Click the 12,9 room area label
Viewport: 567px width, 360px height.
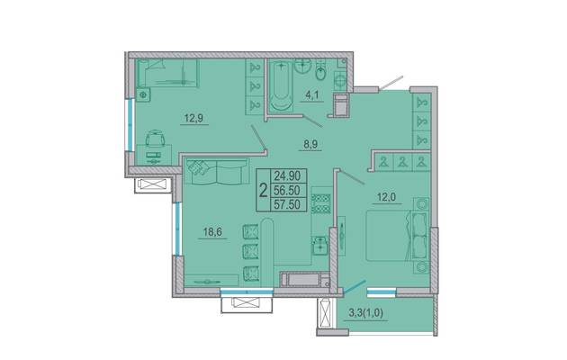[193, 118]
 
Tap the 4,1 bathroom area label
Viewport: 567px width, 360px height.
[312, 95]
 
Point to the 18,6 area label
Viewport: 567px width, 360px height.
[212, 231]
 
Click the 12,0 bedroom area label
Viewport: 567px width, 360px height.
[387, 197]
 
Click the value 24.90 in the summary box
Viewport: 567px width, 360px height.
[287, 176]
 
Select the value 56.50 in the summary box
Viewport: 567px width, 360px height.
[287, 190]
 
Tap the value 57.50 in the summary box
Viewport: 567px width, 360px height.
[287, 204]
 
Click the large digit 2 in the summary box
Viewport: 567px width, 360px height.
[264, 190]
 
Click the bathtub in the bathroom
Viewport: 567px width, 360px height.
[282, 85]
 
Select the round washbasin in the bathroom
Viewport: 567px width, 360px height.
[303, 67]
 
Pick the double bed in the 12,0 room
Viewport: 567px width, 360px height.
[397, 236]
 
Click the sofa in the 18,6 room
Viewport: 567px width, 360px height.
[217, 171]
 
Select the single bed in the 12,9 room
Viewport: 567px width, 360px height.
[167, 73]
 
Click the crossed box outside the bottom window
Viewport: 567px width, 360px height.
[247, 303]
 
